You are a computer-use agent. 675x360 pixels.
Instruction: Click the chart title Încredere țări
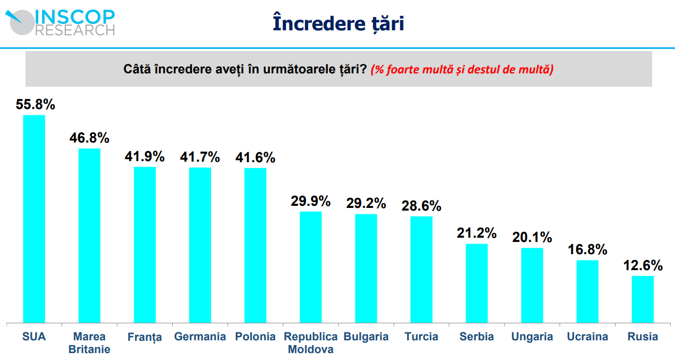(x=338, y=23)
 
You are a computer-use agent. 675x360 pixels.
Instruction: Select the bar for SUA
(x=34, y=219)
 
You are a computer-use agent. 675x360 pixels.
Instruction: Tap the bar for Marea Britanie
(x=89, y=235)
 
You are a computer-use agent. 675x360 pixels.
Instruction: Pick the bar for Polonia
(x=255, y=245)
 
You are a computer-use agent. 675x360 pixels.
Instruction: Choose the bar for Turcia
(x=421, y=269)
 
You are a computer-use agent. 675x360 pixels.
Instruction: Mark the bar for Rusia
(x=643, y=299)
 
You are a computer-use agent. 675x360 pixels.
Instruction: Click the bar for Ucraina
(x=587, y=291)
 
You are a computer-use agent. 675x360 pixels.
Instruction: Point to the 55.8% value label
(x=36, y=104)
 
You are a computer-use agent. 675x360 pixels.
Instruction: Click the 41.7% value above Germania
(x=200, y=157)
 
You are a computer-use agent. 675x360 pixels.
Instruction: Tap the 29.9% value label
(x=310, y=201)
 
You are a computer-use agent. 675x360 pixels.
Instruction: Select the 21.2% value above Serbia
(x=476, y=233)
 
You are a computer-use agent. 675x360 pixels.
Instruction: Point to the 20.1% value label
(x=532, y=237)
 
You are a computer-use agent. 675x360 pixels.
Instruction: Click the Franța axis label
(x=145, y=337)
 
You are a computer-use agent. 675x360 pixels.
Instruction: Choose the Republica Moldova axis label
(x=311, y=343)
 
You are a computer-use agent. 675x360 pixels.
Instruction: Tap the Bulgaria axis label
(x=366, y=337)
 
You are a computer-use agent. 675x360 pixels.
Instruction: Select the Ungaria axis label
(x=532, y=337)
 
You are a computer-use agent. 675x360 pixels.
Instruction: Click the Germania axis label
(x=200, y=337)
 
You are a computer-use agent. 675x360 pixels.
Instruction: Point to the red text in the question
(x=462, y=69)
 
